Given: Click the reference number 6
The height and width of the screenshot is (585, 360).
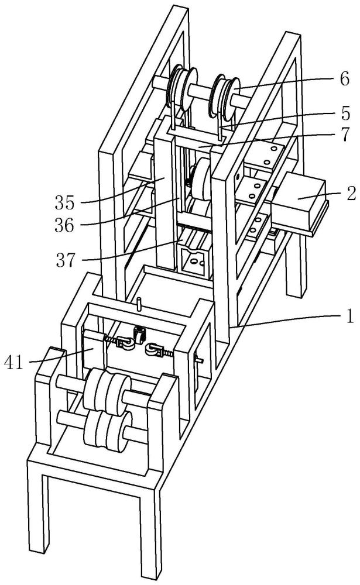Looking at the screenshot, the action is click(345, 79).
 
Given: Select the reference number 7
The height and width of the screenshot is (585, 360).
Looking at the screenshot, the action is click(345, 135).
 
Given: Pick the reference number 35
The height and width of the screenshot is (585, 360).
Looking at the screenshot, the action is click(65, 202).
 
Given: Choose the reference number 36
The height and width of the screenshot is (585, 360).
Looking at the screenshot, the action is click(64, 225).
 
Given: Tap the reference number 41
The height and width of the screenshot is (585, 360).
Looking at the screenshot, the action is click(14, 362).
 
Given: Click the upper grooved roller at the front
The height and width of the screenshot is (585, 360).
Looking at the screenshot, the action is click(107, 391).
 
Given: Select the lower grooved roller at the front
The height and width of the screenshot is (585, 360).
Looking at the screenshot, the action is click(108, 431).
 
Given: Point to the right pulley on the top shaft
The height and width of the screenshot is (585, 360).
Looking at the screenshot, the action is click(224, 95).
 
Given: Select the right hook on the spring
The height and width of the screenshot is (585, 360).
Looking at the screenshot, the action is click(154, 350).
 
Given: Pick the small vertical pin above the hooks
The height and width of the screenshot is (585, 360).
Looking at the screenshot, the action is click(139, 304).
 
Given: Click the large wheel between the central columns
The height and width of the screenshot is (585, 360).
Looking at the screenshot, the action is click(202, 179).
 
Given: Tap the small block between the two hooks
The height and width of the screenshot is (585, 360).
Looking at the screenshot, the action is click(139, 334).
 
